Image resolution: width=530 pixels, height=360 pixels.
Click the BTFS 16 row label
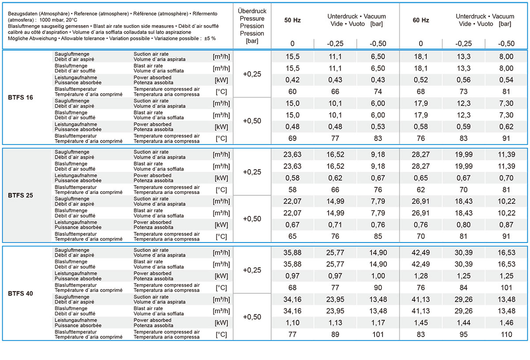tap(20, 98)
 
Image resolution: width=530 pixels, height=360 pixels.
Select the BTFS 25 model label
tap(20, 195)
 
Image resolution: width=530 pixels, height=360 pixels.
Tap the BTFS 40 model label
tap(20, 293)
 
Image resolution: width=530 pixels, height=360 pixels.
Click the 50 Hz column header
tap(292, 20)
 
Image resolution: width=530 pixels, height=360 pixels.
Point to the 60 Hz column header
tap(420, 20)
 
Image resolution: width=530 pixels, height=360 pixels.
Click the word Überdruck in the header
tap(252, 11)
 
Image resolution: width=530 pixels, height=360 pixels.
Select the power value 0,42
tap(292, 80)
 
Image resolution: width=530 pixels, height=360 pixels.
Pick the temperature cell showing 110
tap(506, 334)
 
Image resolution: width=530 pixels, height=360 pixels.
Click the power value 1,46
tap(506, 323)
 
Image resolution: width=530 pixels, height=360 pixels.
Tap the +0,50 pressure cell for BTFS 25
tap(252, 219)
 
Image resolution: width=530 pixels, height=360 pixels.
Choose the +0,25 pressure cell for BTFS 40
tap(252, 270)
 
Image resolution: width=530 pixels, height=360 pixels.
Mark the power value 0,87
tap(506, 225)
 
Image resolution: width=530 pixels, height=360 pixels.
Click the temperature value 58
tap(292, 189)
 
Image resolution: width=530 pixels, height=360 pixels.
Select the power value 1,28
tap(420, 276)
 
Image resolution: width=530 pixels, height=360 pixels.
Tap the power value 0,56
tap(463, 80)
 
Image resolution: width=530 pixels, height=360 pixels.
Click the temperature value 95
tap(463, 334)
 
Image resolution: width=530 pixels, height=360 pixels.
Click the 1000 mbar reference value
tap(51, 19)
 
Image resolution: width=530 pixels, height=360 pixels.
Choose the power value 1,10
tap(292, 323)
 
